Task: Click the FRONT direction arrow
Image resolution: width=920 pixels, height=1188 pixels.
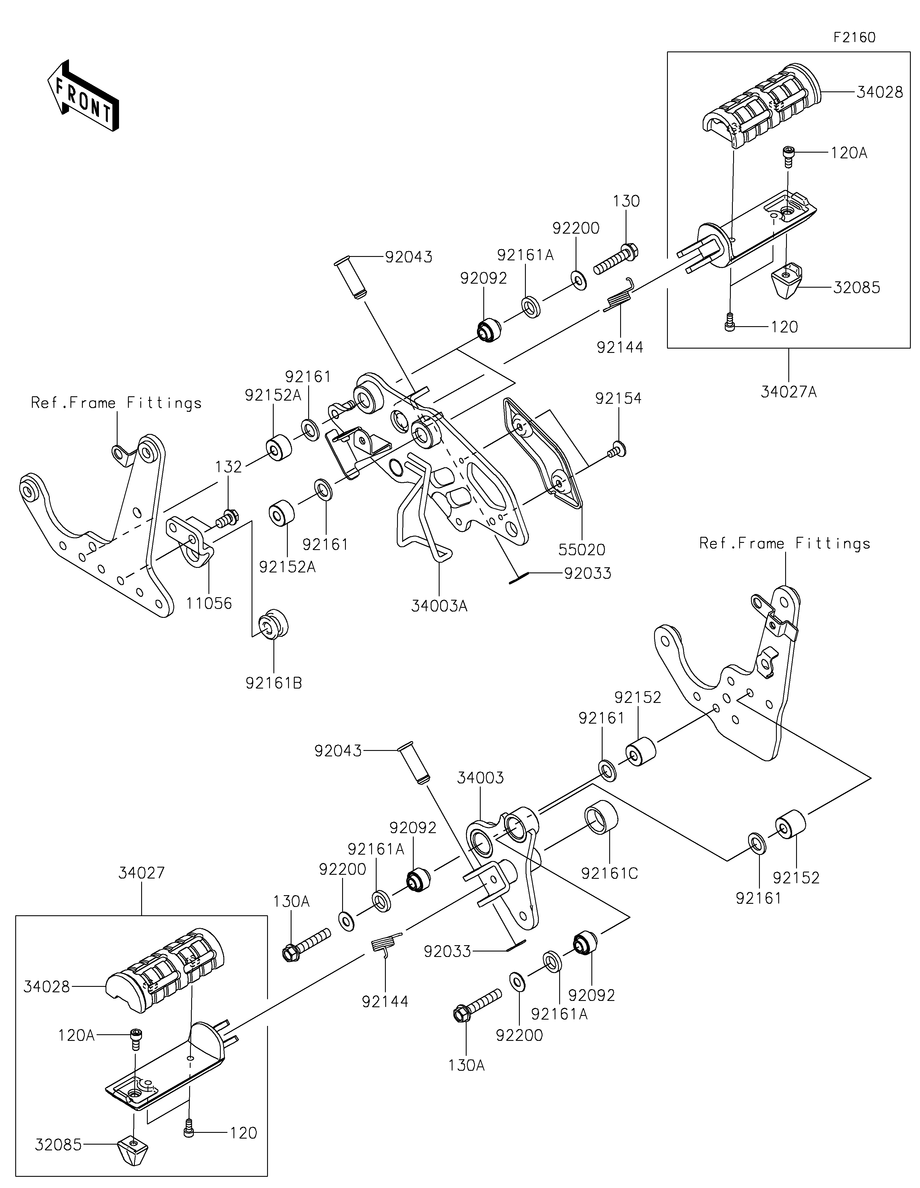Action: tap(83, 95)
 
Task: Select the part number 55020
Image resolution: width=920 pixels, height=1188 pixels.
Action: tap(582, 549)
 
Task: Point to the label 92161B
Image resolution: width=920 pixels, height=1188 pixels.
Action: tap(274, 683)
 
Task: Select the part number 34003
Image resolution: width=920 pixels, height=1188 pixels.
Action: tap(480, 778)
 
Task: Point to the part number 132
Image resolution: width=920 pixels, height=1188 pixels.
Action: tap(229, 467)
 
